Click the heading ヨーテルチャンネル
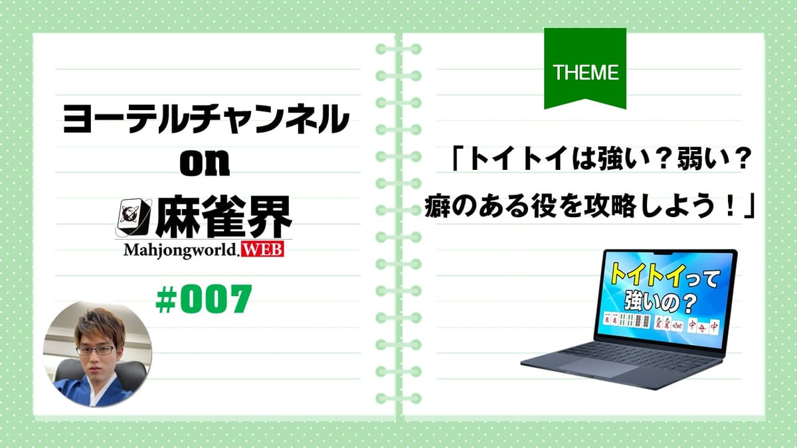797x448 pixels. tap(205, 119)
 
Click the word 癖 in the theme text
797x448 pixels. tap(436, 207)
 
